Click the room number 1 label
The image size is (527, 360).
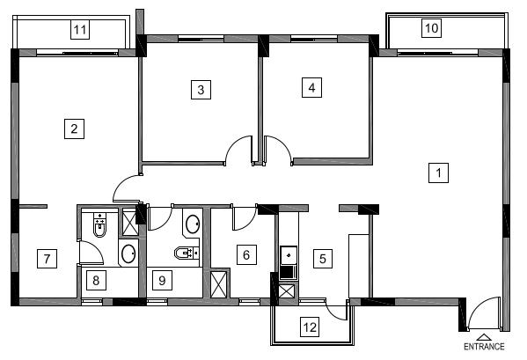[x=438, y=173]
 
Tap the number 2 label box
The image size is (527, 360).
[x=74, y=129]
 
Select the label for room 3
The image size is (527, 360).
[x=201, y=90]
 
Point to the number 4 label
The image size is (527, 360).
[x=312, y=88]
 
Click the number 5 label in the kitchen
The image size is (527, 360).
[x=323, y=259]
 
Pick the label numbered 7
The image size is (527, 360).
[x=47, y=259]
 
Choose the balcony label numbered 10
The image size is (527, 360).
[x=432, y=28]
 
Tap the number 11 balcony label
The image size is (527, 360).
[x=80, y=30]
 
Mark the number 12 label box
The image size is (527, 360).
[x=310, y=327]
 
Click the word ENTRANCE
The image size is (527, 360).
[x=484, y=347]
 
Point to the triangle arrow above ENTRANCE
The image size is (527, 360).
[x=483, y=337]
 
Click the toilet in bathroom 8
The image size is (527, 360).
[x=99, y=224]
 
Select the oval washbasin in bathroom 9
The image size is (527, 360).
[x=193, y=224]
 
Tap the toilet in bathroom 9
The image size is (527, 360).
[x=187, y=253]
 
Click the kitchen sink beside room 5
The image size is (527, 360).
[x=289, y=255]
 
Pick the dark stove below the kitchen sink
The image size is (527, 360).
[x=289, y=272]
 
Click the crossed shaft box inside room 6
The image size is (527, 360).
[x=218, y=284]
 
